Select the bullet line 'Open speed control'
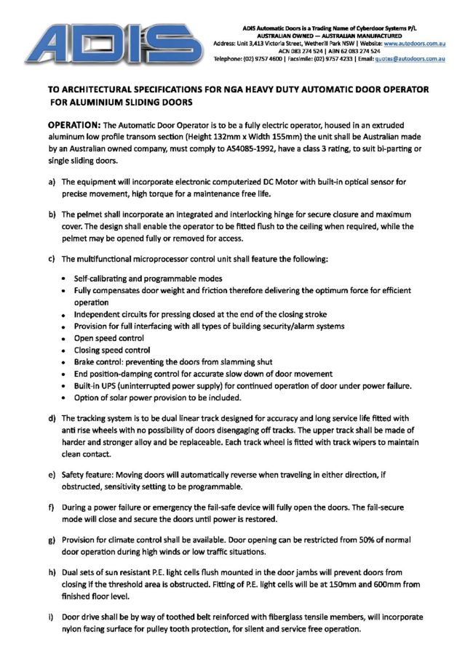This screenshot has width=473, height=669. pos(109,337)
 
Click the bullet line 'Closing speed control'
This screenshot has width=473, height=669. pos(112,349)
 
